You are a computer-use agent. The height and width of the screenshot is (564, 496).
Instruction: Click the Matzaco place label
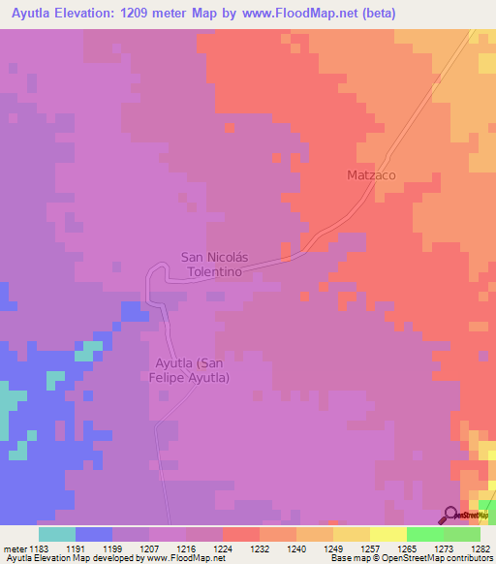pyautogui.click(x=372, y=175)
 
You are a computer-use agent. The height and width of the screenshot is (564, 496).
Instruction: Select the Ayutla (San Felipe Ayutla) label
pyautogui.click(x=192, y=370)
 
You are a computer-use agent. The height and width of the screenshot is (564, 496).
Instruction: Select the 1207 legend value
pyautogui.click(x=148, y=549)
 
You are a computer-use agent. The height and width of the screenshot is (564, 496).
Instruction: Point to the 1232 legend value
pyautogui.click(x=259, y=549)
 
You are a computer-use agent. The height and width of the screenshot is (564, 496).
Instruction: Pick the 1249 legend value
pyautogui.click(x=332, y=549)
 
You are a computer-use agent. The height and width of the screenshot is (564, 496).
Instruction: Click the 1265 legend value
pyautogui.click(x=406, y=549)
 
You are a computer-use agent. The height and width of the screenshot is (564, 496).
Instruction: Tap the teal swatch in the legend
pyautogui.click(x=56, y=534)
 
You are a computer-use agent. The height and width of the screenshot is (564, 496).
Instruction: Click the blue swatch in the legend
pyautogui.click(x=93, y=534)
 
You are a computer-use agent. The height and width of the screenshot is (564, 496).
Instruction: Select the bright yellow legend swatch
pyautogui.click(x=387, y=534)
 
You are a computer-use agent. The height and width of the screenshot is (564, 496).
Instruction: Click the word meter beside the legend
pyautogui.click(x=15, y=549)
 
